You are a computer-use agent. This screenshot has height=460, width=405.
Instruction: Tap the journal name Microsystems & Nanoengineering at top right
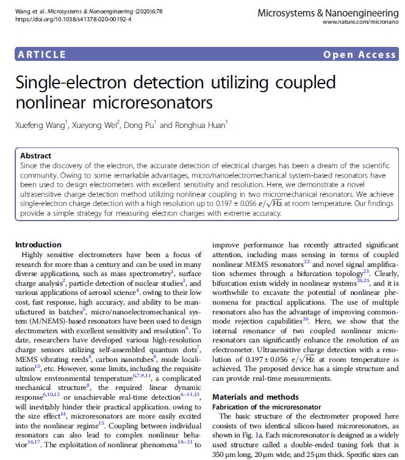point(328,12)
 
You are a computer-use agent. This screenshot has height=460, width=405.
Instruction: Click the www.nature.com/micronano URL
point(360,23)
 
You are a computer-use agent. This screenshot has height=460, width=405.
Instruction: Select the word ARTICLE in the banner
point(42,55)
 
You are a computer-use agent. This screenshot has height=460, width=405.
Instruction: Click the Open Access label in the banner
point(359,55)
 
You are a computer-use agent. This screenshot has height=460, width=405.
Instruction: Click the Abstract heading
point(35,156)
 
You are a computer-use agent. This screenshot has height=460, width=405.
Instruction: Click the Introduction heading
point(38,244)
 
